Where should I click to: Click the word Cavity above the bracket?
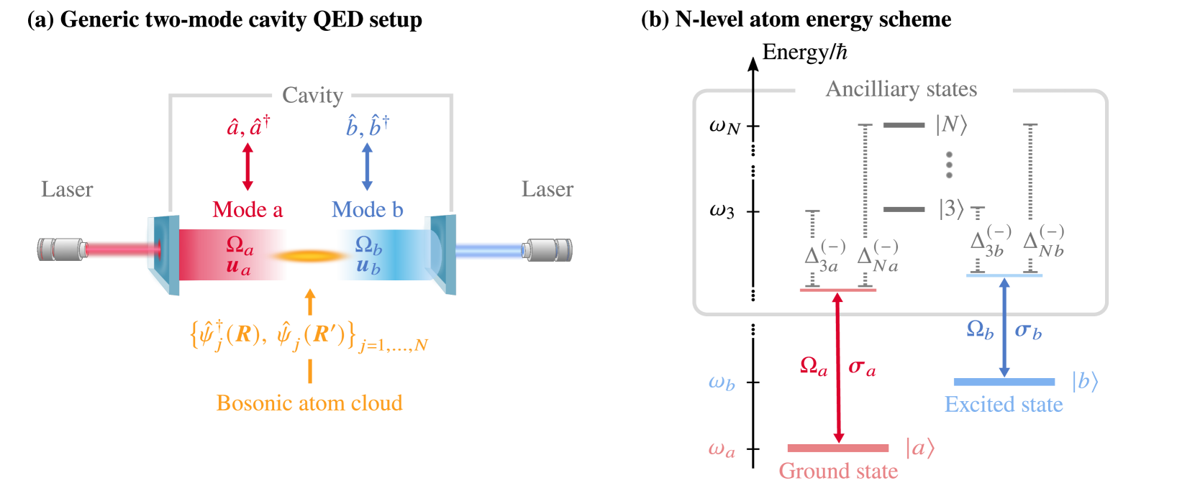point(312,95)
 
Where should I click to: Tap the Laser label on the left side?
point(67,190)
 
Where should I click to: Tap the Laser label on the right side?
point(547,190)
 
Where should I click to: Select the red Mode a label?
point(247,210)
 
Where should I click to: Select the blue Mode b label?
point(367,210)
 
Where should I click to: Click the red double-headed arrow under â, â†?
point(247,166)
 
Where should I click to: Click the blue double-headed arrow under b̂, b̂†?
point(367,166)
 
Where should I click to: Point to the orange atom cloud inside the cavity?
point(308,255)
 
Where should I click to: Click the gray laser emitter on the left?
point(61,249)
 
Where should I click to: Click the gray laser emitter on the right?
point(548,249)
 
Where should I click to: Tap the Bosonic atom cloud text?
point(309,403)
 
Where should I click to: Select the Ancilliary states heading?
point(901,89)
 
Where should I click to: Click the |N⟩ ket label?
point(951,125)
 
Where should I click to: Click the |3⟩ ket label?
point(951,209)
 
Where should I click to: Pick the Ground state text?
point(838,472)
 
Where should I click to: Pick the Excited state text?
point(1003,405)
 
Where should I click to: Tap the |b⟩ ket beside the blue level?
point(1084,382)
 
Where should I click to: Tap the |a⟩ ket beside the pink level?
point(919,449)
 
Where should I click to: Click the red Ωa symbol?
point(814,367)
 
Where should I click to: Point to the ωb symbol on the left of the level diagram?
point(722,382)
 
